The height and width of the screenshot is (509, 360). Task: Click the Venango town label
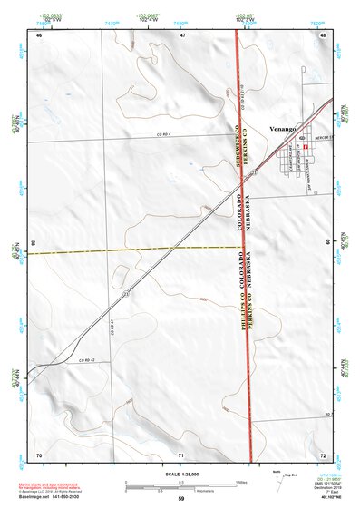pyautogui.click(x=284, y=129)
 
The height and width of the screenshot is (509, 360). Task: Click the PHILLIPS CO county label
pyautogui.click(x=243, y=308)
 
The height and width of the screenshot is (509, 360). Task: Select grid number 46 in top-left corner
pyautogui.click(x=39, y=34)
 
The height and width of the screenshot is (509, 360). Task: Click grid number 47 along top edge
pyautogui.click(x=181, y=34)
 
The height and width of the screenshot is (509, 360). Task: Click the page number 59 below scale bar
pyautogui.click(x=180, y=499)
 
